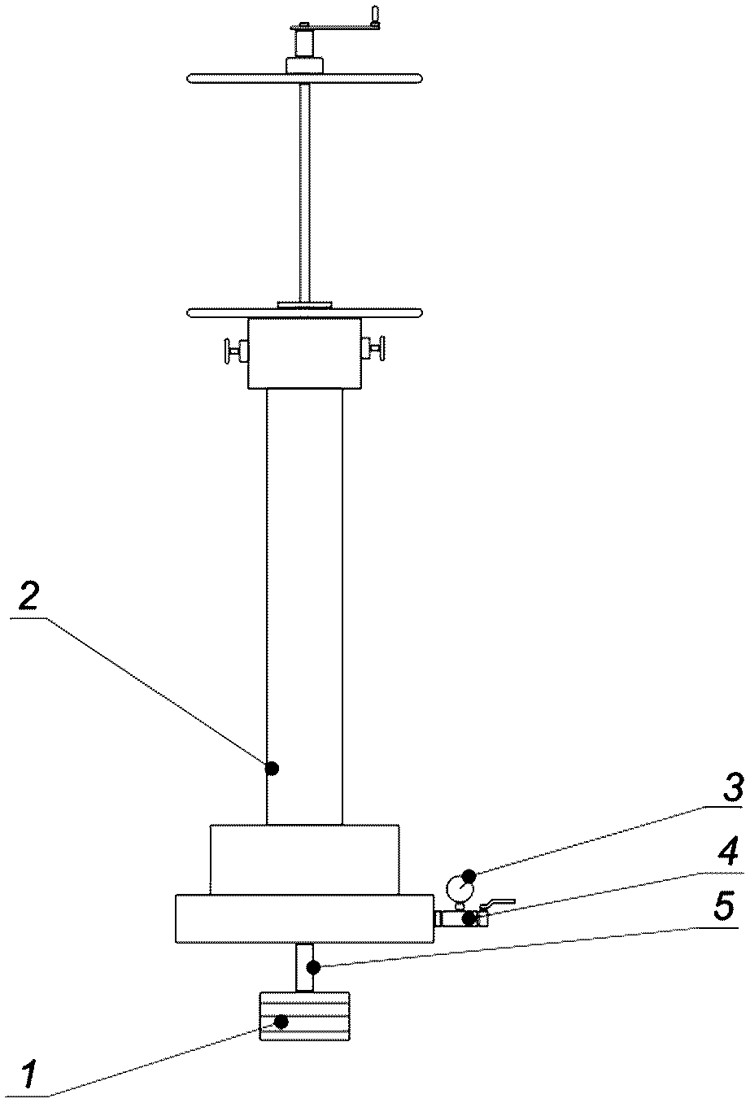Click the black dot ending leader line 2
click(x=272, y=768)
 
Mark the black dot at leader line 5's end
click(x=312, y=967)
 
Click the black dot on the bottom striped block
click(x=281, y=1022)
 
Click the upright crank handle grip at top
click(x=375, y=15)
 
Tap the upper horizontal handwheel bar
click(x=304, y=78)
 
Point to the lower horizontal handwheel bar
click(x=304, y=312)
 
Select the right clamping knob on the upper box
click(x=373, y=349)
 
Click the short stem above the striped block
click(x=304, y=967)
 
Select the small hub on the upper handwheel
click(x=304, y=66)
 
